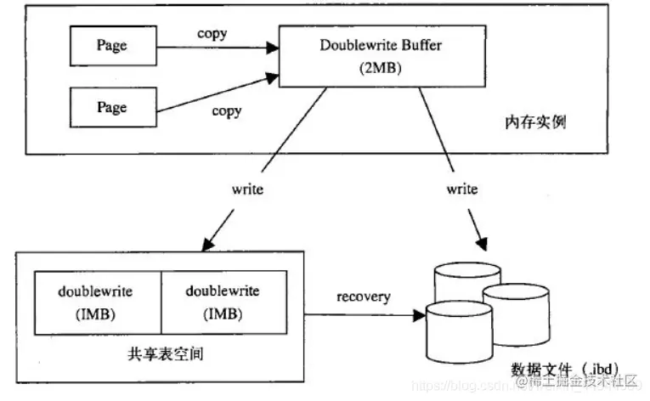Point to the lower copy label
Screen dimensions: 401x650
pos(226,111)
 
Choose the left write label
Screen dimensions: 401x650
pos(247,189)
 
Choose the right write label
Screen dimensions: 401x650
pos(461,189)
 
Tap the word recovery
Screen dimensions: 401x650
pos(363,297)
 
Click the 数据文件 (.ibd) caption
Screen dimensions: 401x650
pos(552,370)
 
